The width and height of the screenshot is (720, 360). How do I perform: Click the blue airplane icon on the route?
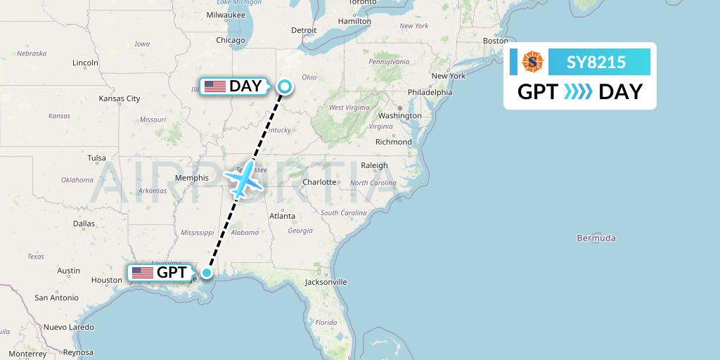point(242,180)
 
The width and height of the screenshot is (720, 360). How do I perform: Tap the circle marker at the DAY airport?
point(285,86)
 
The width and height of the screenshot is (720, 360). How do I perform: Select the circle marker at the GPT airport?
point(207,272)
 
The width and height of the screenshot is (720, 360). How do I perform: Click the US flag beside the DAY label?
point(215,86)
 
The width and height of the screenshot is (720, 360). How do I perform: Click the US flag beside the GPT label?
point(143,272)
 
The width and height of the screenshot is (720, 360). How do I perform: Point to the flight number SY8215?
point(596,63)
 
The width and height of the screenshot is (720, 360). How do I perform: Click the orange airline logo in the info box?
point(532,63)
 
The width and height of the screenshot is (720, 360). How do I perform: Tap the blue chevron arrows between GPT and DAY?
point(579,92)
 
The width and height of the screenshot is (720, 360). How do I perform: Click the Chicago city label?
point(231,40)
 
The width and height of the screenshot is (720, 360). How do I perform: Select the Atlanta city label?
point(282,217)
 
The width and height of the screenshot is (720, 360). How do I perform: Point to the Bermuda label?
point(596,238)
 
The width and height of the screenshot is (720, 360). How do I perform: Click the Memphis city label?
point(192,178)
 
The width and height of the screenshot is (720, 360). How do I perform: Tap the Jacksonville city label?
point(326,282)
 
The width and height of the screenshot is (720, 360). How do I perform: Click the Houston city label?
point(106,280)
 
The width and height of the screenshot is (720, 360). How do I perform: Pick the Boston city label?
point(495,41)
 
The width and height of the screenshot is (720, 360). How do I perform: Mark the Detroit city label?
point(304,30)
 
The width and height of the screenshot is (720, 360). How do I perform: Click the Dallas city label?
point(83,224)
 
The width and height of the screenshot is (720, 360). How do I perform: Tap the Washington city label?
point(399,115)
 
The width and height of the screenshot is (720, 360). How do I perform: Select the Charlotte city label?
point(320,181)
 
